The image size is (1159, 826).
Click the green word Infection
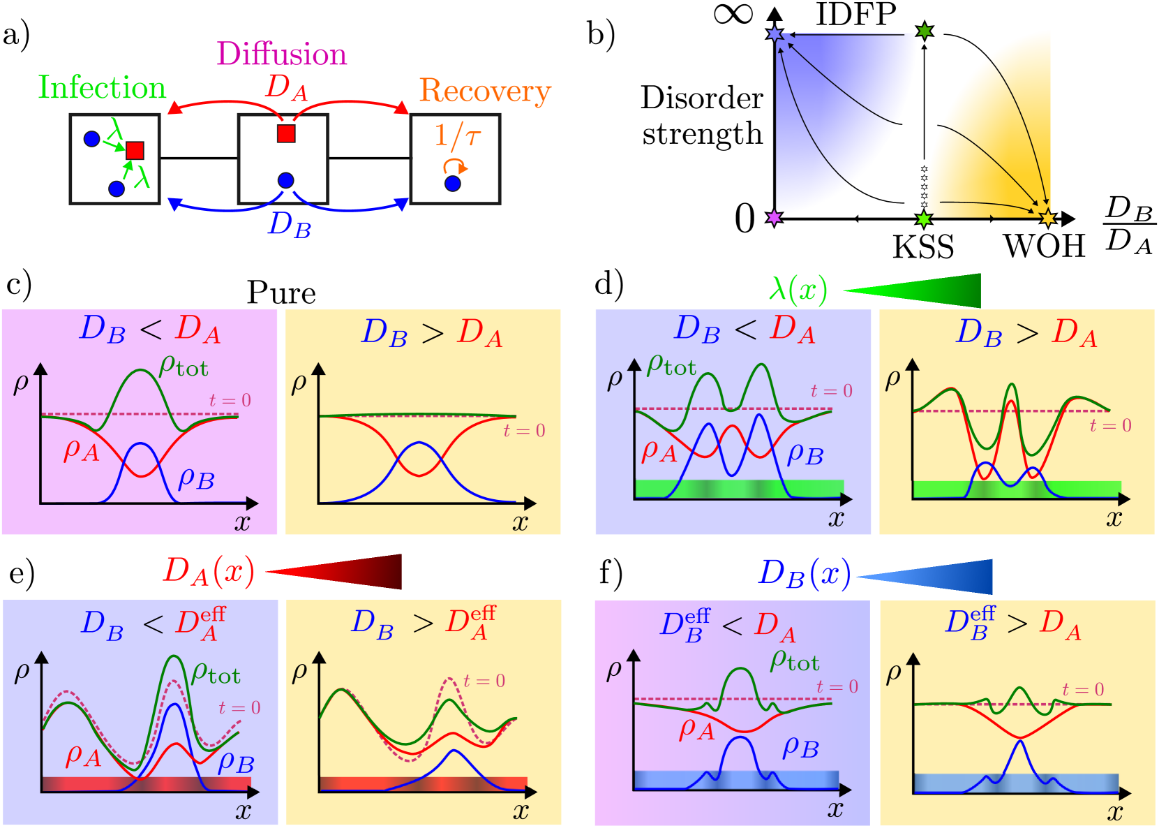[102, 89]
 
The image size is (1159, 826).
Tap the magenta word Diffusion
[282, 54]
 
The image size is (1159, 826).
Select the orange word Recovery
[485, 91]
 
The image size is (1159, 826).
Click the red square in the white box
[286, 133]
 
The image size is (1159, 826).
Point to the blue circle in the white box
[285, 181]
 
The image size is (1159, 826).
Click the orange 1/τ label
[457, 135]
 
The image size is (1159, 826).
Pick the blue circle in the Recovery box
[453, 184]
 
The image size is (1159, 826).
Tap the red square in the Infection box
[135, 150]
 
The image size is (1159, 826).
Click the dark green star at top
[925, 31]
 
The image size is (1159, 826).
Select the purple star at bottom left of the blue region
[774, 217]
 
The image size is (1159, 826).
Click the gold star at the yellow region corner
[1047, 218]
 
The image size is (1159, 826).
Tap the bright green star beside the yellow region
[924, 219]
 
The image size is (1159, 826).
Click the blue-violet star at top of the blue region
[775, 34]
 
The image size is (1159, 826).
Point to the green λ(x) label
[798, 289]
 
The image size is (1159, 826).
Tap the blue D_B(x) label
[805, 575]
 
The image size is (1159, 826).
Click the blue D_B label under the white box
[290, 225]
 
